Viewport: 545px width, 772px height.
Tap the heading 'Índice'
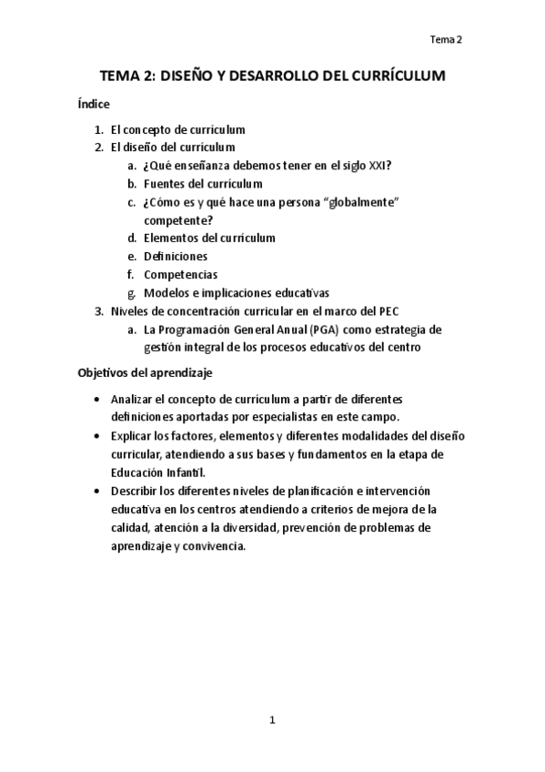pos(94,105)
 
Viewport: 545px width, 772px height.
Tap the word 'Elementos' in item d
pos(170,239)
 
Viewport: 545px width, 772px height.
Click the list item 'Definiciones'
pos(176,257)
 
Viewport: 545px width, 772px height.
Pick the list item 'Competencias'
pos(180,275)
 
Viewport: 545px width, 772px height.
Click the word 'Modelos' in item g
pos(165,293)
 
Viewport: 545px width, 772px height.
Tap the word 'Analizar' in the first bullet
pos(133,400)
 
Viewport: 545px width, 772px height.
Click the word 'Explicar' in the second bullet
pos(133,435)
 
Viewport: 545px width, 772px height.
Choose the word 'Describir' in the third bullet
pos(136,492)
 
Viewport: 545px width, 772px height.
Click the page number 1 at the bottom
pos(272,721)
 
